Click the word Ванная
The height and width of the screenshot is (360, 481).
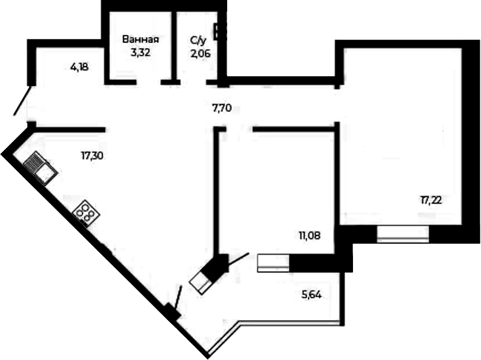pyautogui.click(x=141, y=39)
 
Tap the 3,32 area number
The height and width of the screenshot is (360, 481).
pyautogui.click(x=141, y=53)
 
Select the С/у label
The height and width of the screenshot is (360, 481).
pyautogui.click(x=198, y=41)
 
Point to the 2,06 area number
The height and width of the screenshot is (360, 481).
pyautogui.click(x=201, y=54)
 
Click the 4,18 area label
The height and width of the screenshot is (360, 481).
pyautogui.click(x=79, y=67)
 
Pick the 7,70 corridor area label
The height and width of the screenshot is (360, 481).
pyautogui.click(x=221, y=108)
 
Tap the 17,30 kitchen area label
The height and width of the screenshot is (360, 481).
pyautogui.click(x=92, y=156)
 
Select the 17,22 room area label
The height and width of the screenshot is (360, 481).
pyautogui.click(x=431, y=201)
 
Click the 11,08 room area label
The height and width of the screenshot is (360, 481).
pyautogui.click(x=310, y=236)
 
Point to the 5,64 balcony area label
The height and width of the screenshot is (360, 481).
pyautogui.click(x=312, y=296)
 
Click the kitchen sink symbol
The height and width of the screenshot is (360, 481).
pyautogui.click(x=41, y=168)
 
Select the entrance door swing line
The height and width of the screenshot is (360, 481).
pyautogui.click(x=22, y=101)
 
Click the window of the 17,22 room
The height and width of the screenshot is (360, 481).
pyautogui.click(x=403, y=234)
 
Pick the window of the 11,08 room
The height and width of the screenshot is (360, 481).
pyautogui.click(x=273, y=263)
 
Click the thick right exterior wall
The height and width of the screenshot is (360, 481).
pyautogui.click(x=471, y=141)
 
